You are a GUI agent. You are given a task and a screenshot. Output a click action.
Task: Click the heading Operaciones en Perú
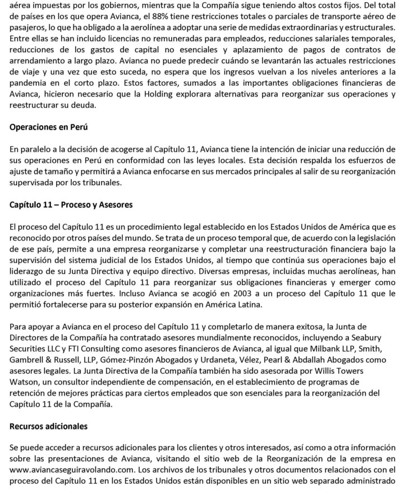pos(49,127)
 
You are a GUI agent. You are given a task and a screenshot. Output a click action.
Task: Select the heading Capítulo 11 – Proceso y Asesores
pos(71,204)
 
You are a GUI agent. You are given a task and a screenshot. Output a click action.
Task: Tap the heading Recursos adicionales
pos(49,426)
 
